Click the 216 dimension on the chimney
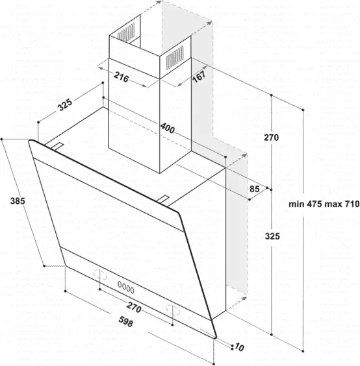[122, 77]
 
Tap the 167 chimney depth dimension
[199, 77]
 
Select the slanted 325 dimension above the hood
[65, 104]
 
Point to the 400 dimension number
[168, 128]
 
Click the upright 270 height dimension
[271, 138]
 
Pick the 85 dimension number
[255, 189]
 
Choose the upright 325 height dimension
[272, 236]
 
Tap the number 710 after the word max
[352, 204]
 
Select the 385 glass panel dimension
[18, 201]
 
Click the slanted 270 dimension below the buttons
[134, 307]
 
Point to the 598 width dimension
[126, 321]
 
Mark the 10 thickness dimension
[239, 347]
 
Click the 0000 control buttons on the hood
[126, 287]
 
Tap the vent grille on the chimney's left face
[126, 32]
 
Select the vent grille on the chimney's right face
[175, 58]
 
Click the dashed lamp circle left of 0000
[100, 274]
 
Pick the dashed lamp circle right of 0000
[174, 310]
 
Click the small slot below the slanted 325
[57, 146]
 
